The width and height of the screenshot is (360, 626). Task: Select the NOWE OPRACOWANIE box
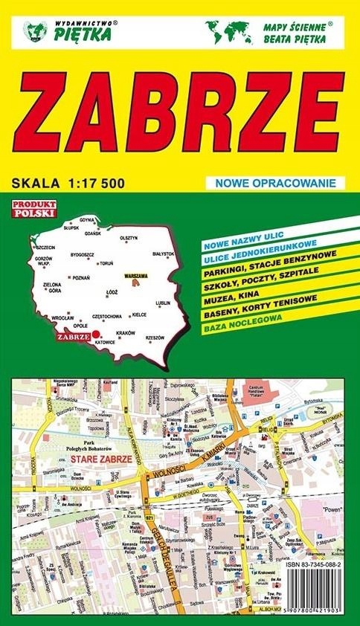(271, 183)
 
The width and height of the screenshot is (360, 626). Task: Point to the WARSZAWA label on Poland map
(137, 276)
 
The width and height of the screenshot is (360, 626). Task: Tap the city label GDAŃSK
(93, 233)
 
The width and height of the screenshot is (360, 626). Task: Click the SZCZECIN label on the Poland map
(45, 248)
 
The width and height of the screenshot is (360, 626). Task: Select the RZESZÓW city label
(155, 337)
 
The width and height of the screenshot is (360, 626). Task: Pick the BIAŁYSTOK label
(163, 254)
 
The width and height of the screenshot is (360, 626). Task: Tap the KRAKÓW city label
(126, 332)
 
